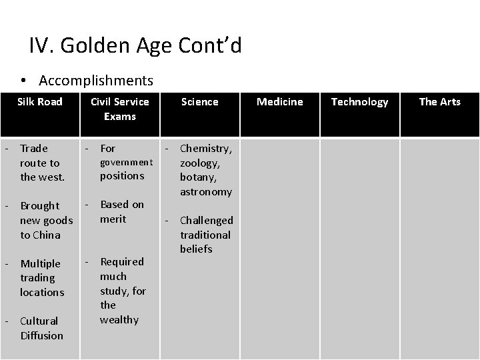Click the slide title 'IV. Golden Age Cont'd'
(x=135, y=45)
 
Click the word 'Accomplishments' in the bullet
(x=96, y=81)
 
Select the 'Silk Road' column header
(x=40, y=101)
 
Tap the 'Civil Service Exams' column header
(x=120, y=109)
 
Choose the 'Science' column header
(x=200, y=101)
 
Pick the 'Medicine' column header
(x=280, y=101)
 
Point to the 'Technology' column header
(x=360, y=101)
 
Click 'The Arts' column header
(x=440, y=101)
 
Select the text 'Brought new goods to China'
(x=45, y=220)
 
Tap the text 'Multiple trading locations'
(x=42, y=278)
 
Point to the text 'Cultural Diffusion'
(x=42, y=328)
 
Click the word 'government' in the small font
(x=127, y=162)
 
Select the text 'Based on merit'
(x=122, y=211)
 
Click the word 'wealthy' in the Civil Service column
(x=119, y=319)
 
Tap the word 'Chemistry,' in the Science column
(x=206, y=148)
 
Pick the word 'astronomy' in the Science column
(x=206, y=191)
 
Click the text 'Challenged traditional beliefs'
(x=206, y=235)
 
